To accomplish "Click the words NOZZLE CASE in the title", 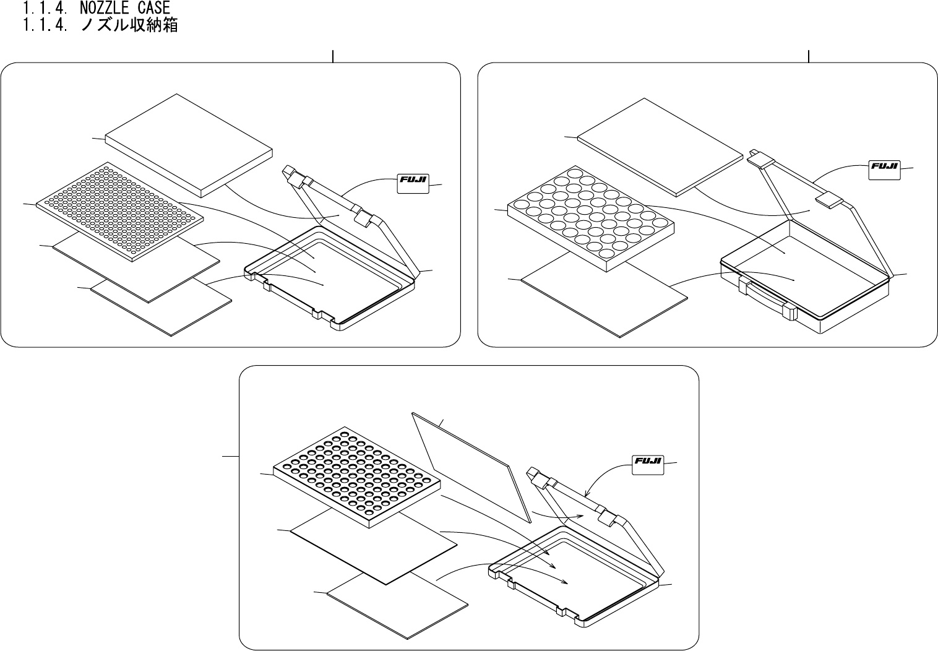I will [124, 8].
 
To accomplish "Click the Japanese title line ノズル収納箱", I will [129, 25].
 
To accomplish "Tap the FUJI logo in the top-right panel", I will [885, 167].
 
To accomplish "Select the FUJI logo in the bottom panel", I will [648, 462].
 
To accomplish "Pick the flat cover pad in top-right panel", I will [660, 147].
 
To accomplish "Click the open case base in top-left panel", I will [328, 278].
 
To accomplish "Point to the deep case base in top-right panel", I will [804, 272].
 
